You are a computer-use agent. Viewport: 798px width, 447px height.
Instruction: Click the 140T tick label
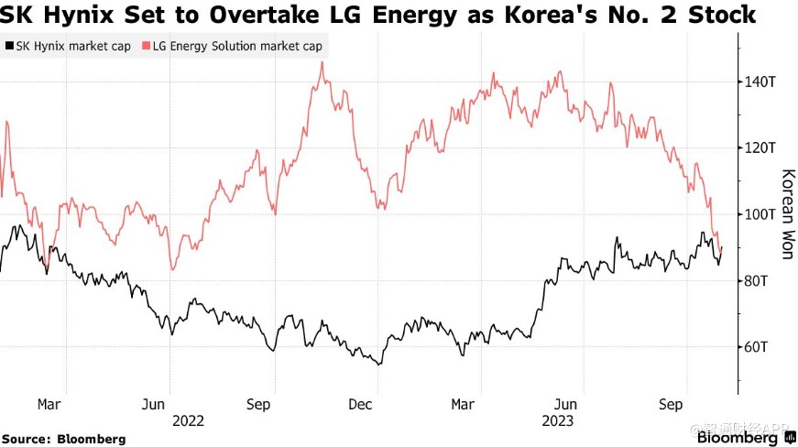click(x=760, y=82)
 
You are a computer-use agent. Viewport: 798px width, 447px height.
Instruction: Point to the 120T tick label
click(x=760, y=147)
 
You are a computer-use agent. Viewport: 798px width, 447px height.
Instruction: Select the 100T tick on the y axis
click(x=760, y=214)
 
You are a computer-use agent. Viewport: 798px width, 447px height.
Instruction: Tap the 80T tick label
click(x=757, y=280)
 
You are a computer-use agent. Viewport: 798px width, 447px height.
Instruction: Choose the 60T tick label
click(x=757, y=346)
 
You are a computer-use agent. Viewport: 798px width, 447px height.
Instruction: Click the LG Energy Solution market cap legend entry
click(x=235, y=46)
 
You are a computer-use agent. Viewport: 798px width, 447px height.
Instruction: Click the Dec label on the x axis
click(x=360, y=404)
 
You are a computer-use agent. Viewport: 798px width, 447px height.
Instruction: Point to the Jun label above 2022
click(x=153, y=404)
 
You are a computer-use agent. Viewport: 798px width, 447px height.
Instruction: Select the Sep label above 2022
click(x=258, y=404)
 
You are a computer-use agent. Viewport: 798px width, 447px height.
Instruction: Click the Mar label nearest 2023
click(x=464, y=404)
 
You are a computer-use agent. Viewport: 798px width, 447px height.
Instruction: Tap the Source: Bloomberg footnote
click(x=63, y=439)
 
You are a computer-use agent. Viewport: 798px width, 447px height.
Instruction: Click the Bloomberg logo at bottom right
click(x=740, y=438)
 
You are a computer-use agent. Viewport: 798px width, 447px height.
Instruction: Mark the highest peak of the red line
click(x=322, y=62)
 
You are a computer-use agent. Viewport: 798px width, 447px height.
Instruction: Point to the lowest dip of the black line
click(x=379, y=365)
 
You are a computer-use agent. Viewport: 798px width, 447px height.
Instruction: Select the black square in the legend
click(x=8, y=46)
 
